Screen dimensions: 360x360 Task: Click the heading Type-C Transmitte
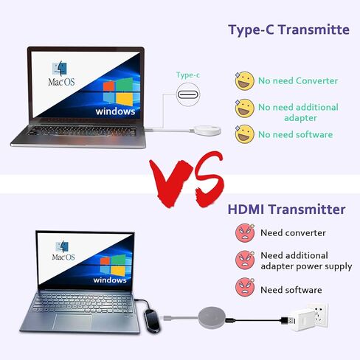coord(288,30)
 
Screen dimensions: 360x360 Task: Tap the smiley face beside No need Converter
coord(244,80)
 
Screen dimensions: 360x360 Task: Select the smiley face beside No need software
coord(244,134)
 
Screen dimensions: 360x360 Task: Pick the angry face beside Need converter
coord(244,233)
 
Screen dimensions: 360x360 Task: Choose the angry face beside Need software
coord(244,289)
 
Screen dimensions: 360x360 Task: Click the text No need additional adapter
coord(298,113)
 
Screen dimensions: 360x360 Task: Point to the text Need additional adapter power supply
coord(305,261)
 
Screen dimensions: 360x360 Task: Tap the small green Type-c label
coord(188,75)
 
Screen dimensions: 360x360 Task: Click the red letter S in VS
coord(206,176)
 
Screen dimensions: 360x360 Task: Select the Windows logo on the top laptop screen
coord(118,91)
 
